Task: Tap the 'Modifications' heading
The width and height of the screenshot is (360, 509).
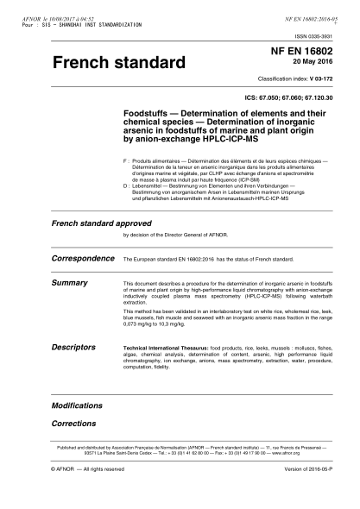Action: pyautogui.click(x=76, y=405)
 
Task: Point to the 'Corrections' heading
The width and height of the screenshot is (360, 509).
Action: pyautogui.click(x=73, y=424)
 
